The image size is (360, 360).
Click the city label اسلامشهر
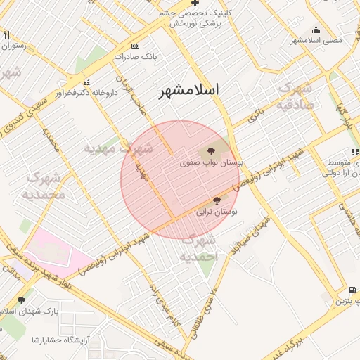[x=188, y=91]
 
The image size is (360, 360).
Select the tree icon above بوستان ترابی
[x=214, y=200]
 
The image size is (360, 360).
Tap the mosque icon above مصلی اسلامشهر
[x=316, y=30]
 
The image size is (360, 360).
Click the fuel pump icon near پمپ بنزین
[x=351, y=290]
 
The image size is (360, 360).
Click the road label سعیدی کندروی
[x=31, y=113]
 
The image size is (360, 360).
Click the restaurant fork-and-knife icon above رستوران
[x=7, y=34]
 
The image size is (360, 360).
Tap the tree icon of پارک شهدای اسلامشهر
[x=21, y=300]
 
